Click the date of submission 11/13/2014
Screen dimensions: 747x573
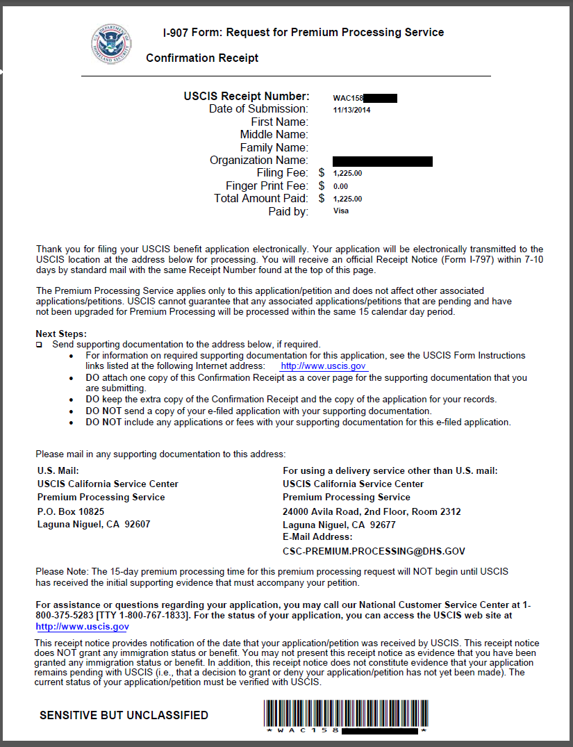(x=351, y=110)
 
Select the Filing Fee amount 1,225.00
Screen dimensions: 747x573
(x=347, y=173)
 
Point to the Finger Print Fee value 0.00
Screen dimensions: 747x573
(x=340, y=186)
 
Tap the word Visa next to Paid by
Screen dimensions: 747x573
(x=340, y=211)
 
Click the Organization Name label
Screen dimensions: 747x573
(x=258, y=161)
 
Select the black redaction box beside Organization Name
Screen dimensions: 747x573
(x=382, y=161)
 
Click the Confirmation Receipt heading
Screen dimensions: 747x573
(x=201, y=58)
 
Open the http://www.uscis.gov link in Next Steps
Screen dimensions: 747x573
(x=323, y=366)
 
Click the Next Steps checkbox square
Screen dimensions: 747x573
(x=39, y=345)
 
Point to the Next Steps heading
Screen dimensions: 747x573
(x=61, y=334)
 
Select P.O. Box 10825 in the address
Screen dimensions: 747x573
(x=71, y=511)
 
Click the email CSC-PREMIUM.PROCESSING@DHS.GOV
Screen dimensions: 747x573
(x=374, y=551)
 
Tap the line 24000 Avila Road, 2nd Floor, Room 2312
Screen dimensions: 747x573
(x=372, y=511)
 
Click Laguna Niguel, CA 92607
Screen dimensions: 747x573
(x=94, y=525)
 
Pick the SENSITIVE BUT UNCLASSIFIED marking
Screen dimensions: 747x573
(x=124, y=715)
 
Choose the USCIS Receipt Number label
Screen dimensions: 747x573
(x=245, y=97)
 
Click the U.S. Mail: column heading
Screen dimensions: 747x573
(x=58, y=470)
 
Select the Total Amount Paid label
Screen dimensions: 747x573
(x=260, y=199)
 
